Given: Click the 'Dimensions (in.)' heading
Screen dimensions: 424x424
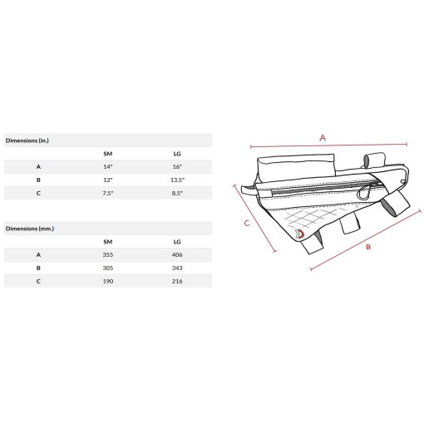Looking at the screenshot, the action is tap(27, 141).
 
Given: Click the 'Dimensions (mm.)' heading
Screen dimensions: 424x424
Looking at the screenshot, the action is tap(30, 229).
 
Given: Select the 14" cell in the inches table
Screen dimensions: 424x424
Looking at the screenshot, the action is tap(108, 166).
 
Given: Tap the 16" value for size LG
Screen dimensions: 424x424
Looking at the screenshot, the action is tap(177, 166).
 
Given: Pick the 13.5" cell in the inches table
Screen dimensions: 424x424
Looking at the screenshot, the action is tap(177, 180).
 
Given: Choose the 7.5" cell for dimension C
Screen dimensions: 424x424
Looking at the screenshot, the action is tap(108, 193).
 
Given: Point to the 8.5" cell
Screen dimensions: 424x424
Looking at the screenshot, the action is tap(177, 193).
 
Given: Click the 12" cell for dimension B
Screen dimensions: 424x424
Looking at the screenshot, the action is tap(108, 180).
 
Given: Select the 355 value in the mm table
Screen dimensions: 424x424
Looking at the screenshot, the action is tap(108, 254).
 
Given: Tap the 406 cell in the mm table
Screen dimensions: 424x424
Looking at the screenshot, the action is tap(177, 254).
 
